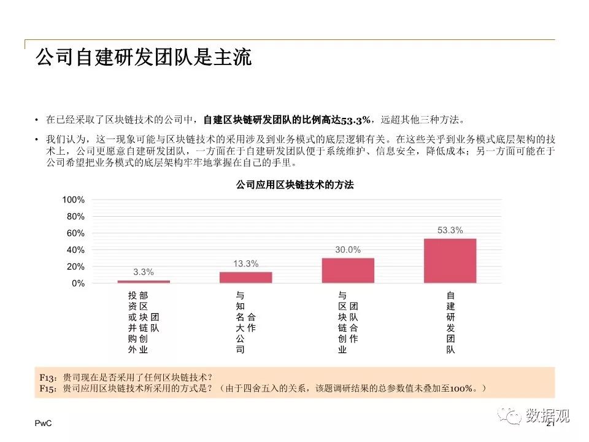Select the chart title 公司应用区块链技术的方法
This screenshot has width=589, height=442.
pos(295,185)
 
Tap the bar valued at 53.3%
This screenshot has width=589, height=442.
pos(450,261)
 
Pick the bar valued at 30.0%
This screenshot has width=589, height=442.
pos(348,270)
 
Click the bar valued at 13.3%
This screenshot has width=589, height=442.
pos(245,277)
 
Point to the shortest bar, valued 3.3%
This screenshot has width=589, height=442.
pos(144,282)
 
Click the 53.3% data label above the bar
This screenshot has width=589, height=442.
pos(450,231)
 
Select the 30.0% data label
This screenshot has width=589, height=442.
pos(348,250)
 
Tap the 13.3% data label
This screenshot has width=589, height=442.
pos(245,264)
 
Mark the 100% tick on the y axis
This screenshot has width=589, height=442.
pos(73,200)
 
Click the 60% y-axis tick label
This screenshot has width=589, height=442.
pos(75,233)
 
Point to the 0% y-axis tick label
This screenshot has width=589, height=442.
pos(78,284)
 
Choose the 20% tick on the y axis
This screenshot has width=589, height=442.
pos(75,267)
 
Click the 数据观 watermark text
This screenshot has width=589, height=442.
pos(547,416)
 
